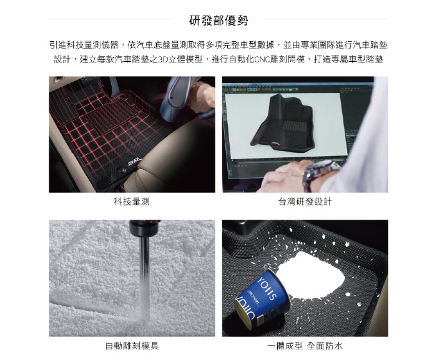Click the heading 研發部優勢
tap(219, 21)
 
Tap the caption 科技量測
tap(132, 201)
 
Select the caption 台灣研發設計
tap(305, 201)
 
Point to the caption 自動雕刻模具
tap(132, 346)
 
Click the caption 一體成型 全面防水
tap(305, 346)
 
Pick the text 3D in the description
tap(162, 59)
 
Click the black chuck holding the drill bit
tap(144, 228)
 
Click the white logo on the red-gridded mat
tap(134, 162)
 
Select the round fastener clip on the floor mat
tap(121, 169)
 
